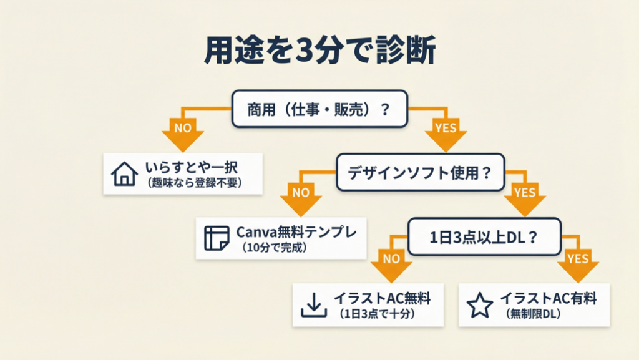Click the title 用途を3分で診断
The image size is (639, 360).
(x=319, y=52)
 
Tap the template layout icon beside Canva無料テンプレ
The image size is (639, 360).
(x=217, y=238)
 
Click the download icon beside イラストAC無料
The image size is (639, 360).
(x=315, y=304)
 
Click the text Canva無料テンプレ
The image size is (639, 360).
(x=296, y=231)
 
